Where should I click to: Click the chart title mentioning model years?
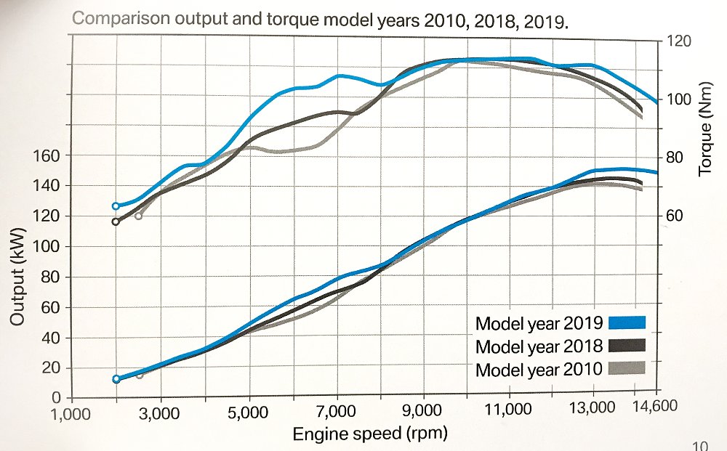(x=320, y=19)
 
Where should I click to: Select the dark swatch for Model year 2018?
(x=627, y=346)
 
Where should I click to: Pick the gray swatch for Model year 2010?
(x=627, y=368)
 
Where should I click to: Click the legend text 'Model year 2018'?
(x=539, y=346)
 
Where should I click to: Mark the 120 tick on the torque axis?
(x=676, y=41)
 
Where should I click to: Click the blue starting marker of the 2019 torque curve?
(x=116, y=206)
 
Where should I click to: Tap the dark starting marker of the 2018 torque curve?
(x=116, y=222)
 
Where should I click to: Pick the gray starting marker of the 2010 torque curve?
(x=139, y=216)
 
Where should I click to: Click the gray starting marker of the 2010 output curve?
(x=140, y=375)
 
